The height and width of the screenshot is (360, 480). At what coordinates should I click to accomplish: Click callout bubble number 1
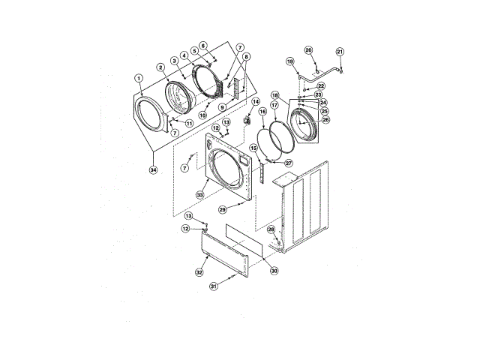[139, 77]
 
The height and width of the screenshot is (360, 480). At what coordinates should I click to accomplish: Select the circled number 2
[160, 68]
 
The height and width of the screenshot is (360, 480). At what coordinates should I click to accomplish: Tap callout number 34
[153, 170]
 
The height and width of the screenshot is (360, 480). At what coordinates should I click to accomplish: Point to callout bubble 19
[289, 61]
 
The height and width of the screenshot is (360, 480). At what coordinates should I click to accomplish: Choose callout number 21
[340, 52]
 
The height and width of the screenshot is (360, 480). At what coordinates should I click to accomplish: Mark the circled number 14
[255, 101]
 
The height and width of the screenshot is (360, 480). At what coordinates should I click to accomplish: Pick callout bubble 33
[200, 195]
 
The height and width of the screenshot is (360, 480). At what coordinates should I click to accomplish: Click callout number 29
[222, 211]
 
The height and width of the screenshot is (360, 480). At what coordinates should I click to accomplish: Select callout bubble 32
[199, 271]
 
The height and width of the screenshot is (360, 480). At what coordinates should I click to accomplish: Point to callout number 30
[274, 271]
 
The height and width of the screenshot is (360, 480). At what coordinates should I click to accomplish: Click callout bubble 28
[271, 229]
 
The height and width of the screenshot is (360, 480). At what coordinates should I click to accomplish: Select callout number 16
[262, 112]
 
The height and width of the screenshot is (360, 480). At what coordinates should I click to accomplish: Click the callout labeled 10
[202, 115]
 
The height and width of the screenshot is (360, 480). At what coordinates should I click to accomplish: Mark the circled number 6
[202, 45]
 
